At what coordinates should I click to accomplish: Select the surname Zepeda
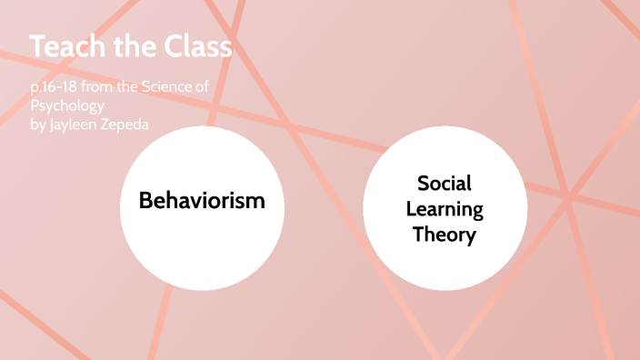(133, 122)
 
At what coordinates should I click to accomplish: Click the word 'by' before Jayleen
(38, 122)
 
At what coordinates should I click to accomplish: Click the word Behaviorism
(202, 200)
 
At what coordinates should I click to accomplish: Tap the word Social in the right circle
(445, 183)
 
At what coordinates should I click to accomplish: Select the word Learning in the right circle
(445, 209)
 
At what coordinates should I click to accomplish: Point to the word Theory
(445, 235)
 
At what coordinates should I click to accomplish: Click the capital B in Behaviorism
(145, 200)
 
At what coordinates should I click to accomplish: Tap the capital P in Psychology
(34, 106)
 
